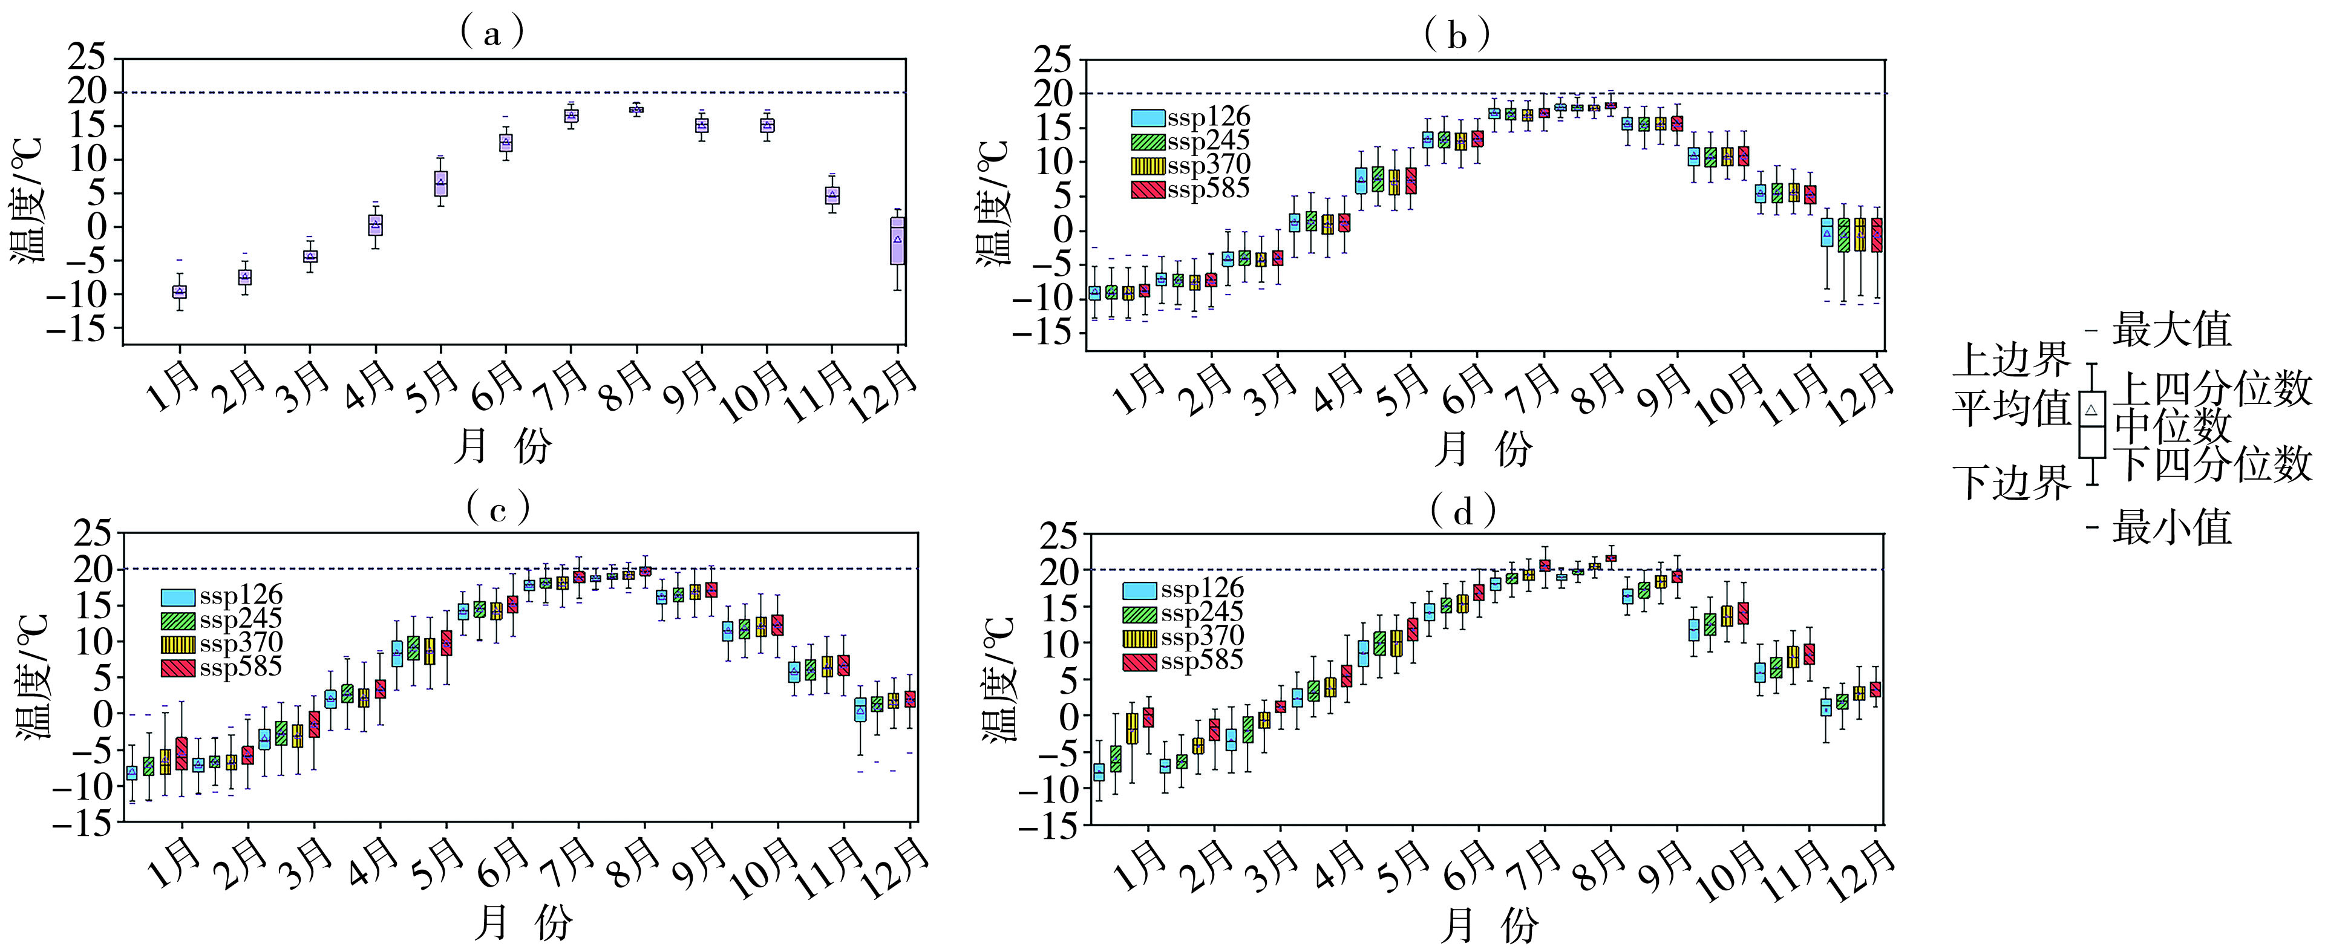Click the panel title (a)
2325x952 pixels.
(492, 34)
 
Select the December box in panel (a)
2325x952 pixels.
(898, 240)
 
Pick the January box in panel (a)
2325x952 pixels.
(180, 292)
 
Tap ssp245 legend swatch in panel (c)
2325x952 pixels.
(178, 621)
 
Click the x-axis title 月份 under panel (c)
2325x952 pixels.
(523, 922)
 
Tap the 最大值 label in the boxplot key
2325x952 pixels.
(2171, 330)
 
